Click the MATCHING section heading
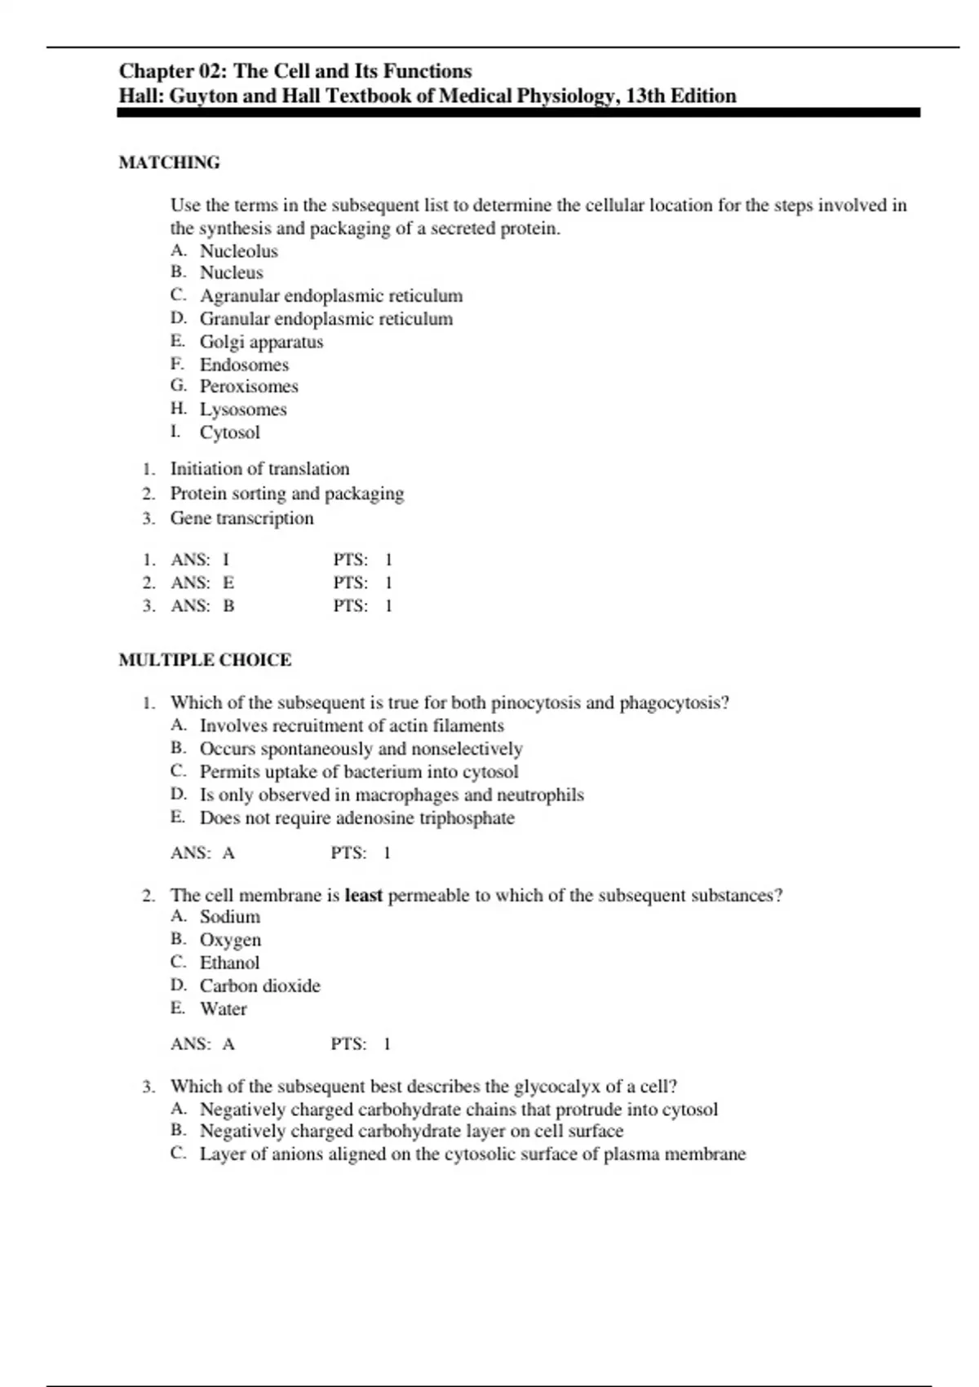point(169,162)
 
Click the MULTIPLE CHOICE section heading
point(205,660)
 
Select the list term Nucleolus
point(238,251)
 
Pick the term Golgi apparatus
point(261,342)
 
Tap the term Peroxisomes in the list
point(249,387)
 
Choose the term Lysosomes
point(243,410)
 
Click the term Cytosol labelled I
point(229,432)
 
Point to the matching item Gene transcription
point(241,518)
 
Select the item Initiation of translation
point(259,469)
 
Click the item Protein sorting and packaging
point(286,494)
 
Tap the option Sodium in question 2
point(229,917)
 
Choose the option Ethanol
point(229,963)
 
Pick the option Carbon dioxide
point(259,986)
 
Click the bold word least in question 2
point(363,896)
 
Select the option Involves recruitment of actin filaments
point(352,726)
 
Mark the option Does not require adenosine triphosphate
point(357,818)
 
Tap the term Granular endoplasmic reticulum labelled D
point(326,319)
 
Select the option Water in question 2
point(223,1009)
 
